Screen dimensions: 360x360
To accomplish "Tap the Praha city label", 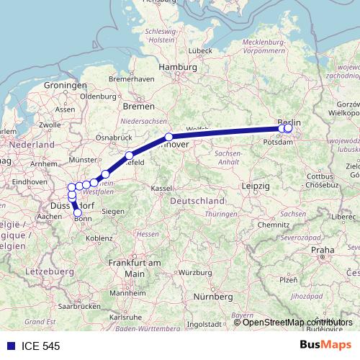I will click(322, 249).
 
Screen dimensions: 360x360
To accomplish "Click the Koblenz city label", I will click(99, 238).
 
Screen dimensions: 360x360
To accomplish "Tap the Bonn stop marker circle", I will click(78, 212).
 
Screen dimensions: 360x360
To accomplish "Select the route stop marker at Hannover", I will click(169, 137).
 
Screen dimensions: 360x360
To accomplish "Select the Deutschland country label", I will click(197, 200).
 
